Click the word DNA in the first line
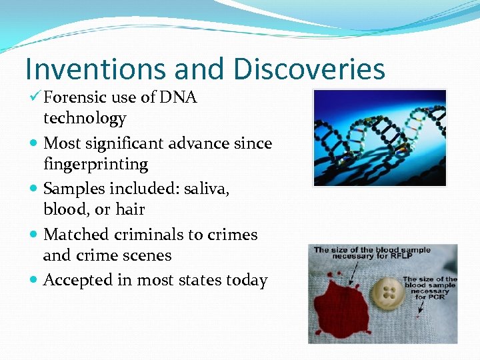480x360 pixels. [x=179, y=97]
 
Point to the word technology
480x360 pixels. [x=85, y=119]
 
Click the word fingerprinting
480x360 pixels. [x=95, y=164]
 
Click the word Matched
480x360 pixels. [x=75, y=235]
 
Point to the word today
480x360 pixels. [x=245, y=280]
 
